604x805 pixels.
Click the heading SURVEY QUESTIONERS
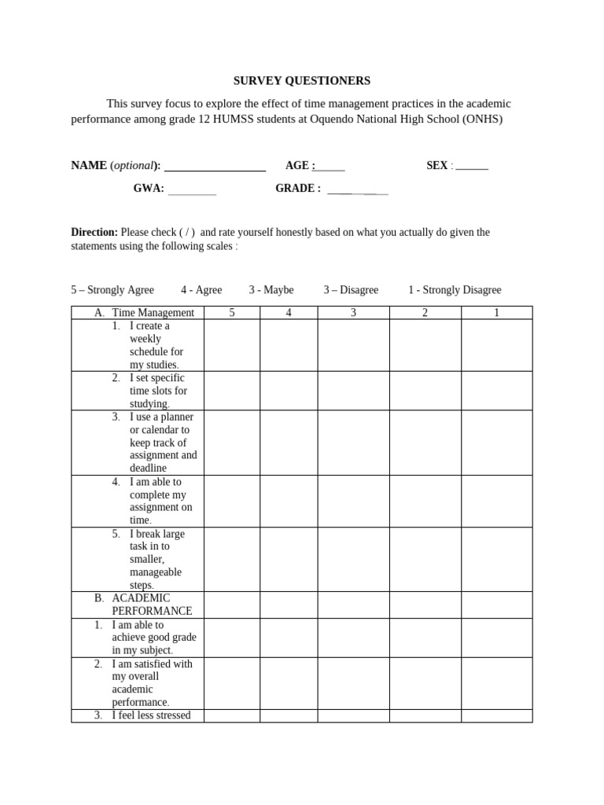(301, 81)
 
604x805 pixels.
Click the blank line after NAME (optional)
(215, 167)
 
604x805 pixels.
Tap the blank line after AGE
(330, 167)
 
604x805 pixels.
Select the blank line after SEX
(472, 167)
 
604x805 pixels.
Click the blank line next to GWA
(192, 190)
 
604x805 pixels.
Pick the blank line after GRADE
(357, 190)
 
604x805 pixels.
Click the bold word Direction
(94, 232)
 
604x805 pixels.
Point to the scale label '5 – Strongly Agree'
(112, 290)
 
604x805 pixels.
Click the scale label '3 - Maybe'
(271, 290)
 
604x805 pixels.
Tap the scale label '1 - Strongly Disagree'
(455, 290)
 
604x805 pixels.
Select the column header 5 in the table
(232, 313)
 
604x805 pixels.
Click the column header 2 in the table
(425, 313)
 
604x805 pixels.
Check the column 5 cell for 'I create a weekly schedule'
(232, 345)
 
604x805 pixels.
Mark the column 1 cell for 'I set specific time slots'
(496, 391)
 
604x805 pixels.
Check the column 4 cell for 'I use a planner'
(289, 443)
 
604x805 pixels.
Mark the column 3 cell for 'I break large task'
(353, 559)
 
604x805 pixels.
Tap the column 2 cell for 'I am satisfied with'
(425, 683)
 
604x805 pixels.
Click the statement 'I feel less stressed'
(151, 715)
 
